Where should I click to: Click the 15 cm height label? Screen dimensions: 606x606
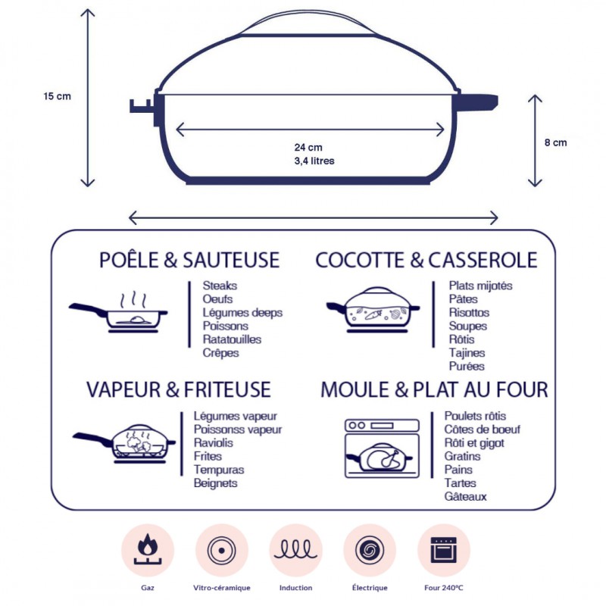point(57,96)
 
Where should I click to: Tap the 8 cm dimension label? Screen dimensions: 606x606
point(555,142)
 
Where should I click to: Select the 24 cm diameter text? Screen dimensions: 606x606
point(308,148)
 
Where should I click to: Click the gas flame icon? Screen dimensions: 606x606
point(148,550)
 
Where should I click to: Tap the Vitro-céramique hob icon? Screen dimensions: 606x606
point(222,550)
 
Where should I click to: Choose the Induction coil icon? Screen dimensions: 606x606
point(295,550)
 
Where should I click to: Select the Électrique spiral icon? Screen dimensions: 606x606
point(370,550)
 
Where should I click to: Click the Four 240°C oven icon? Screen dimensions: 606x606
point(443,550)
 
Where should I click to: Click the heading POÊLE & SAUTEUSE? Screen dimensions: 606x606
point(189,261)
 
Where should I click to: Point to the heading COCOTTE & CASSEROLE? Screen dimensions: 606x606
point(426,261)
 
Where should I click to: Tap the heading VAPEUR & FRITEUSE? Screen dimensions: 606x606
point(178,389)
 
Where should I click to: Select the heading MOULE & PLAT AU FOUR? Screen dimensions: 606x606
point(434,390)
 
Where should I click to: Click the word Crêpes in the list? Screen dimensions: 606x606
point(220,353)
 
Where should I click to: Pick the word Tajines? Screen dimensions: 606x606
point(467,353)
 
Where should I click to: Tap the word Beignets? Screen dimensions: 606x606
point(216,483)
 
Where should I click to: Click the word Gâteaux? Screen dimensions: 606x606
point(466,497)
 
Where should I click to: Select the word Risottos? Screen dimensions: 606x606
point(469,312)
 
